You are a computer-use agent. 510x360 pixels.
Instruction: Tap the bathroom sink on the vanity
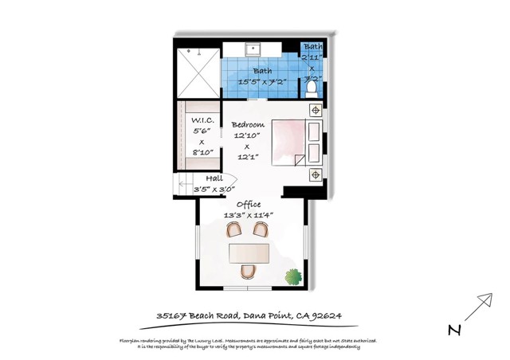pos(254,49)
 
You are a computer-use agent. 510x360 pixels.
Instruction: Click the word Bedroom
pos(247,125)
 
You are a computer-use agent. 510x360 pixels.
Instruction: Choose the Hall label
pos(214,178)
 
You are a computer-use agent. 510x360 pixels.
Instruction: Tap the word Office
pos(248,204)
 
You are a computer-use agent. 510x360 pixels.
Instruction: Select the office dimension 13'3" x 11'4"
pos(249,215)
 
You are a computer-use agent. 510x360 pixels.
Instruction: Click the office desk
pos(249,252)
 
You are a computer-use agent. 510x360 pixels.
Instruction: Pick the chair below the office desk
pos(249,273)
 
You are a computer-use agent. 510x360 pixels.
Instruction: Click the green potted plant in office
pos(296,278)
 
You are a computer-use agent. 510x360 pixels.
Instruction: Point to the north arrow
pos(477,307)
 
